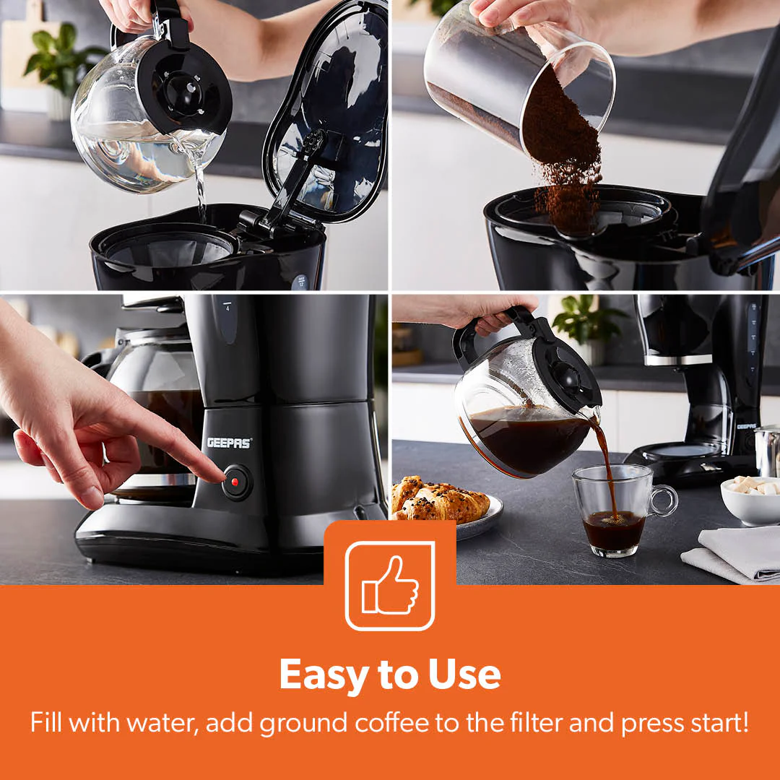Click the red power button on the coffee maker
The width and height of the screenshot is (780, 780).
click(x=236, y=482)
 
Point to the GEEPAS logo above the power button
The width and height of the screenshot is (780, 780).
click(x=229, y=442)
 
